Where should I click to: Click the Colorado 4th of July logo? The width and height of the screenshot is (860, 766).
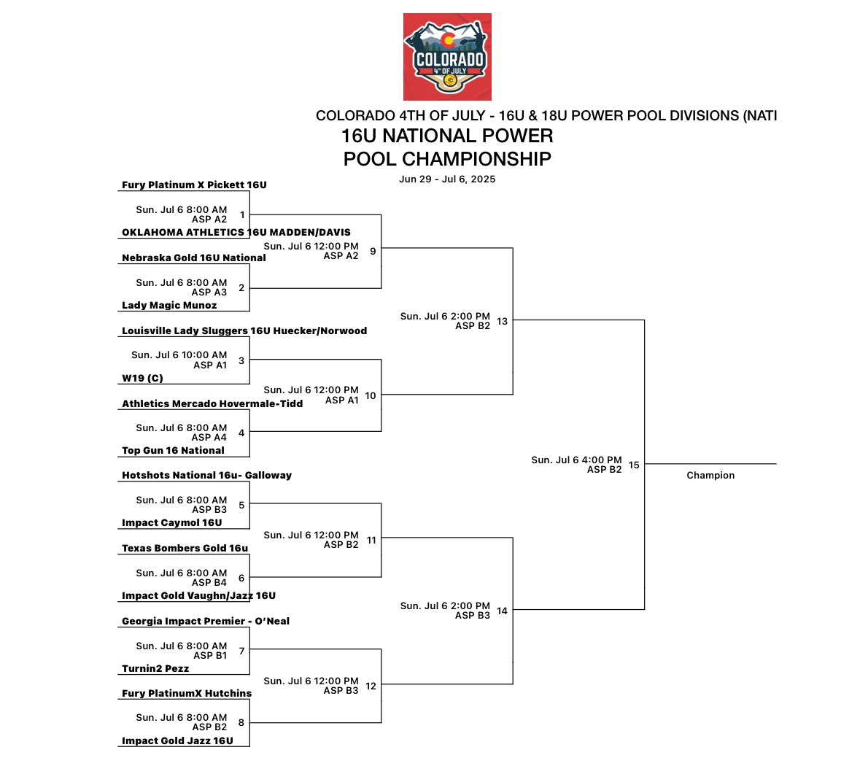[447, 57]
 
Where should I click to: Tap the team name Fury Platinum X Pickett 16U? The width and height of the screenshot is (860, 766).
[194, 185]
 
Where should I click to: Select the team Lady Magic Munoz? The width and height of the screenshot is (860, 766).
[169, 306]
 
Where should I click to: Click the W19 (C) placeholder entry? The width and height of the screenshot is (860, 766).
[142, 379]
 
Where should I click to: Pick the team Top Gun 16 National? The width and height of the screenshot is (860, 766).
[173, 451]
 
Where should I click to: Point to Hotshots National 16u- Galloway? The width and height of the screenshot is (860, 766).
[206, 476]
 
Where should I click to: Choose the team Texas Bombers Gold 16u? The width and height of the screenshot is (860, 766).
[185, 549]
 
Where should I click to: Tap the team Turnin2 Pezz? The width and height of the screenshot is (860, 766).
[155, 669]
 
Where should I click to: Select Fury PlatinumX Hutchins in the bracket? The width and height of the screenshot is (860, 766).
[187, 694]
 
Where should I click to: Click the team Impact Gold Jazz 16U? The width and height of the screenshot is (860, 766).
[177, 741]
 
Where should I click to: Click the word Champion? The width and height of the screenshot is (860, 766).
[710, 476]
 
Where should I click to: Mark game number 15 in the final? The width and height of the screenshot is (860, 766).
[634, 465]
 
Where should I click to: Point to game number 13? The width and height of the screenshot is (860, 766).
[502, 321]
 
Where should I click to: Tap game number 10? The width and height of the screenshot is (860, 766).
[371, 395]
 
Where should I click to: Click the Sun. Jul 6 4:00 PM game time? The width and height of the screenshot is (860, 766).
[576, 460]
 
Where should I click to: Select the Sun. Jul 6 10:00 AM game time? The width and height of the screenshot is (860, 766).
[179, 355]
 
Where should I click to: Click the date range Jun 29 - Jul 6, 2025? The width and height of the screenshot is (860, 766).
[447, 179]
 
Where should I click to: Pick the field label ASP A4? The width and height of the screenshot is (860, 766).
[209, 438]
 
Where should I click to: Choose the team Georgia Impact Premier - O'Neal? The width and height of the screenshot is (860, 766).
[206, 622]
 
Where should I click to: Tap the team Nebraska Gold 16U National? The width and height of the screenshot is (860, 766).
[193, 258]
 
